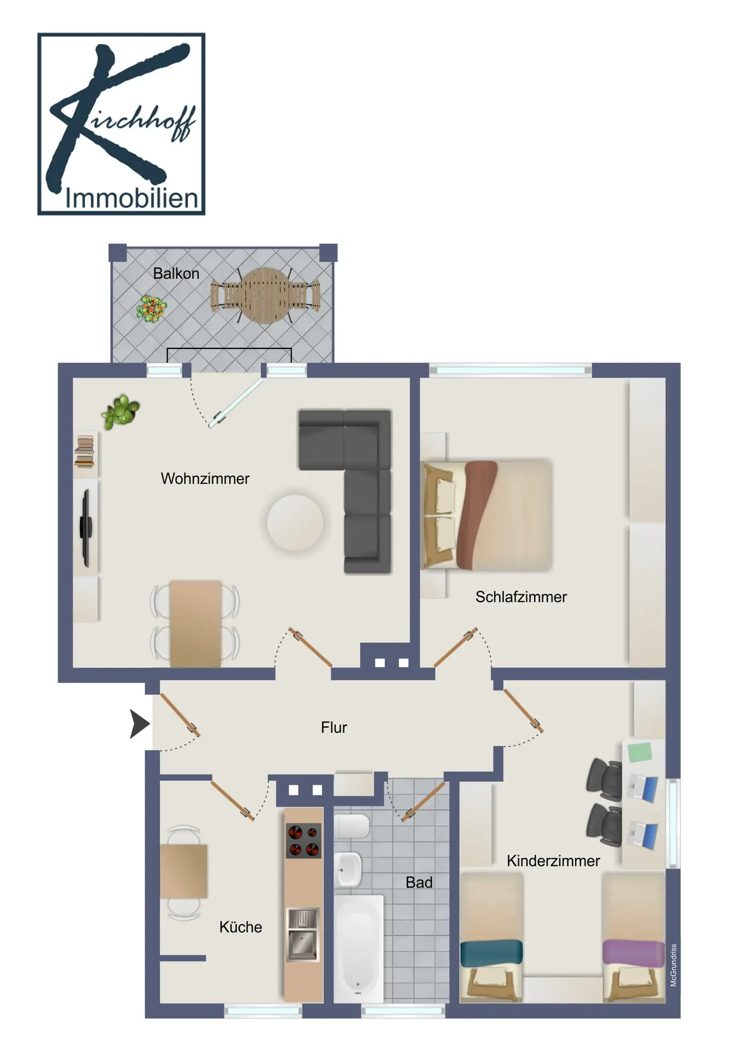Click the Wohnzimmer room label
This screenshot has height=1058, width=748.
(x=205, y=478)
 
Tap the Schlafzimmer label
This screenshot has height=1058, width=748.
(x=521, y=597)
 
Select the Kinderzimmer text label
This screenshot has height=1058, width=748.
(x=553, y=861)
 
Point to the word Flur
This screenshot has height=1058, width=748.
(x=333, y=727)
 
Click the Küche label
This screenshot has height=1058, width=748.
(x=240, y=927)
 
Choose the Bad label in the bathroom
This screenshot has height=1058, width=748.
(x=419, y=882)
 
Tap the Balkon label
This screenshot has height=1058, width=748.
(x=176, y=273)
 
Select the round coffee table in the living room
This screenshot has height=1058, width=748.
(x=295, y=522)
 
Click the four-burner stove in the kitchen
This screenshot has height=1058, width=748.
(x=303, y=840)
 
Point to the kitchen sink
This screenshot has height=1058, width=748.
(x=303, y=935)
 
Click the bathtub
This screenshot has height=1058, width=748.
(x=358, y=949)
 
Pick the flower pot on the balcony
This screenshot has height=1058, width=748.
(x=151, y=309)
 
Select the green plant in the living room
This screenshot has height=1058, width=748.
(x=120, y=411)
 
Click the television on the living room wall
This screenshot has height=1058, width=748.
(x=86, y=528)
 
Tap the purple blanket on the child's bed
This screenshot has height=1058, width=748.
(x=633, y=953)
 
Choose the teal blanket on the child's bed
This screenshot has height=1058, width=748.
(x=491, y=953)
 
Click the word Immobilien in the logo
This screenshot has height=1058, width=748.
(x=131, y=198)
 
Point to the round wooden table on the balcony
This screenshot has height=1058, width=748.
(x=266, y=295)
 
